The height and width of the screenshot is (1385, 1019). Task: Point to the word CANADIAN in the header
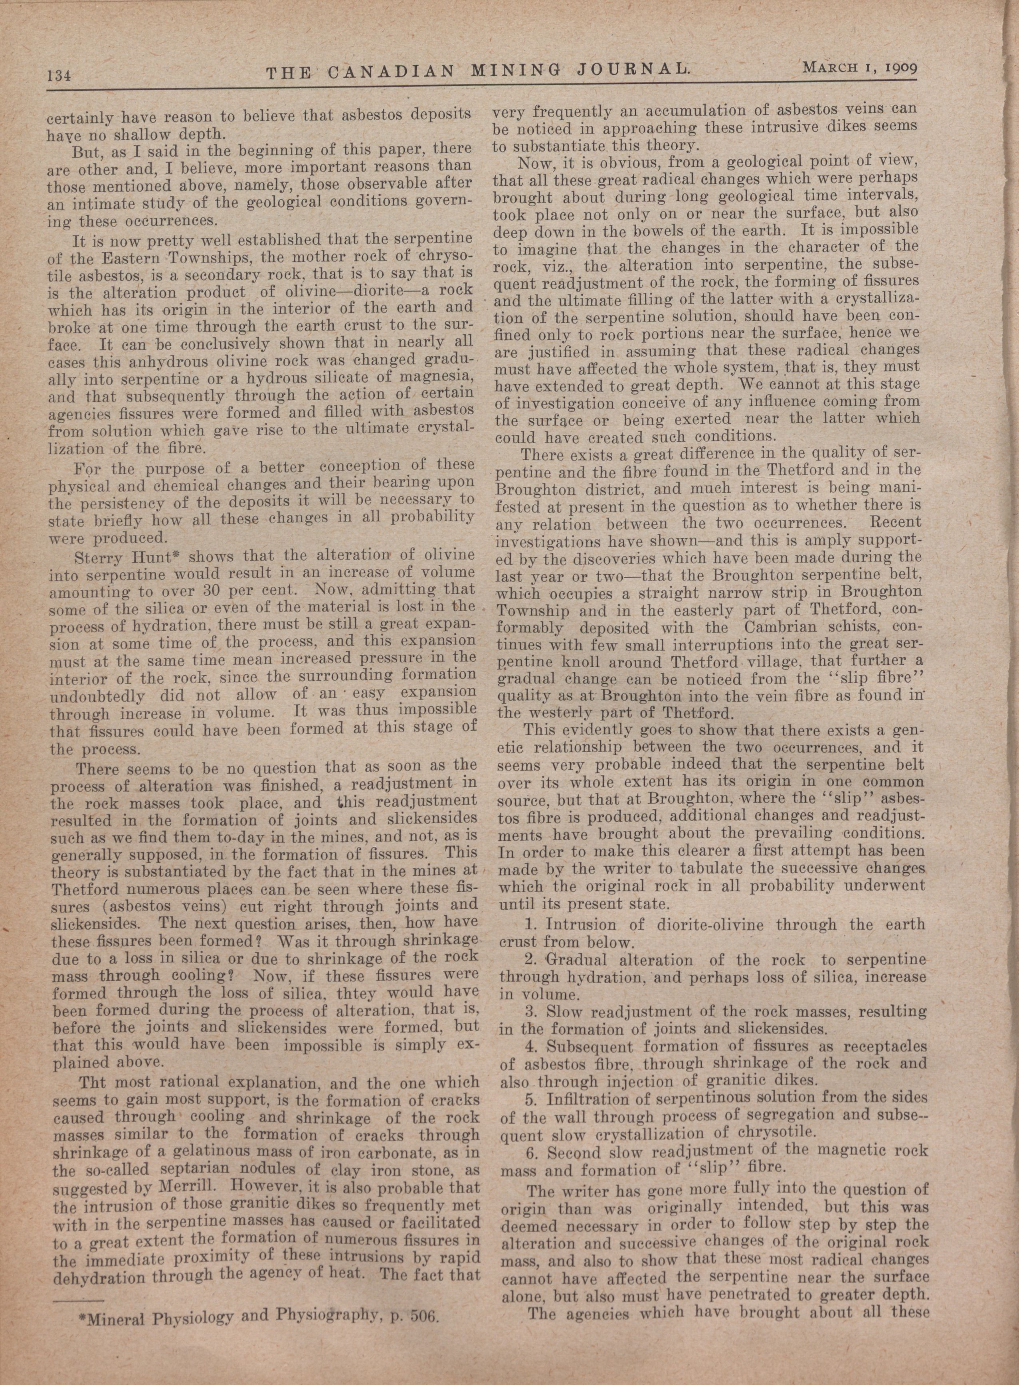click(x=388, y=73)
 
